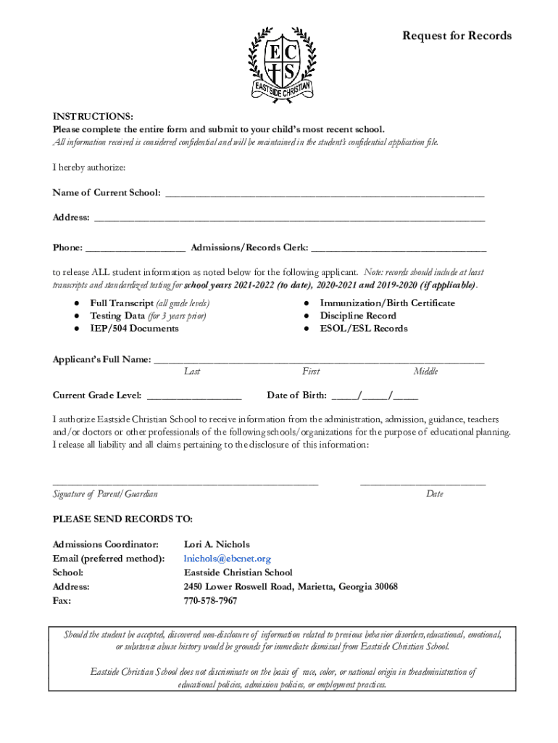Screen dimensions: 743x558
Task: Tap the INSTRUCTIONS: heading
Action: pos(92,117)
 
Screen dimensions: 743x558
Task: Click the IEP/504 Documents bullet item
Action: pos(134,329)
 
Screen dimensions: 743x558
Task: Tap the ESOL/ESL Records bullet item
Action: pos(364,329)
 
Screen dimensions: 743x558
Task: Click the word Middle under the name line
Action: pos(425,371)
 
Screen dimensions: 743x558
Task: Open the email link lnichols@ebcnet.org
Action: pos(228,559)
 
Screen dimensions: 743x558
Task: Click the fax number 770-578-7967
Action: pos(210,601)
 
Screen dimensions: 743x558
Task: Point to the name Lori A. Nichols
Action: pos(217,544)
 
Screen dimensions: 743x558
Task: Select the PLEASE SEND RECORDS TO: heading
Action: pos(122,519)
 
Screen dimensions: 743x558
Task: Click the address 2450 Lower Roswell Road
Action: pos(291,586)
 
